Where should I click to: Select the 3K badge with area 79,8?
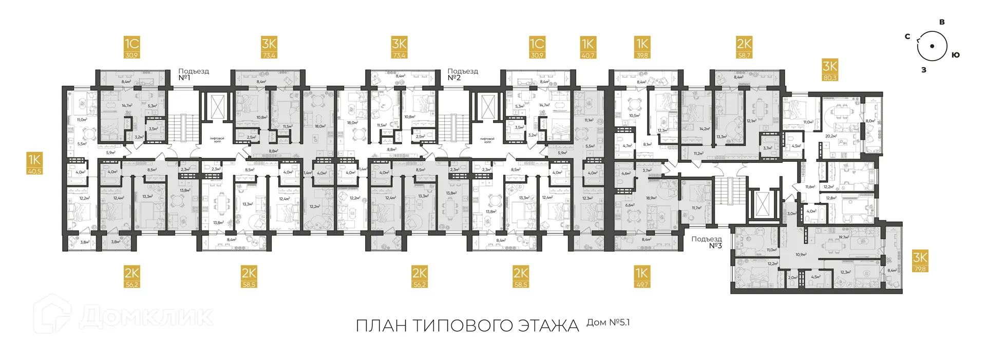click(x=920, y=261)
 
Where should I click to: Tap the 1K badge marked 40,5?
click(x=34, y=164)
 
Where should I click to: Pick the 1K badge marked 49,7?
click(x=641, y=276)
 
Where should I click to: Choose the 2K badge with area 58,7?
click(x=744, y=48)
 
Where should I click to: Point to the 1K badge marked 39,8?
click(x=642, y=48)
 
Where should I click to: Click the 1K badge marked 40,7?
click(x=587, y=48)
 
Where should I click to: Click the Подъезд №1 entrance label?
click(x=193, y=74)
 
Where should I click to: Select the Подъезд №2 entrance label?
click(x=462, y=74)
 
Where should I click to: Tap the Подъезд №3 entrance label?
click(x=707, y=242)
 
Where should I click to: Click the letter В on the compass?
click(x=941, y=22)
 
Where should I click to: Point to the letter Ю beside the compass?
click(x=955, y=55)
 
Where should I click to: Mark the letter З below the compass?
click(x=923, y=70)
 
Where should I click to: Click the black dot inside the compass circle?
click(x=932, y=46)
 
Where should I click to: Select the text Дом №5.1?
click(x=608, y=323)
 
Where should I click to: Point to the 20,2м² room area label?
click(x=830, y=136)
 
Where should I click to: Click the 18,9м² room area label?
click(x=651, y=198)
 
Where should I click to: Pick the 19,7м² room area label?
click(x=843, y=237)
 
